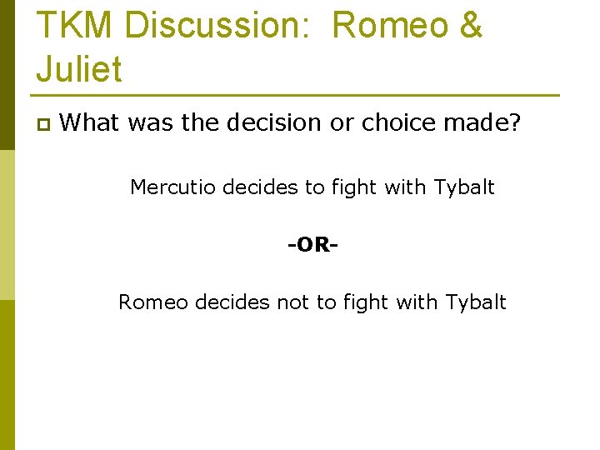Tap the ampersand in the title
(x=469, y=25)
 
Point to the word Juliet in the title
(x=79, y=68)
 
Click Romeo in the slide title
(x=390, y=25)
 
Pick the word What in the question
(x=90, y=123)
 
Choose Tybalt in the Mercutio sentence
(x=464, y=187)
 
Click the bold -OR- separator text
(x=312, y=245)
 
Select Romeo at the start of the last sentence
(x=153, y=302)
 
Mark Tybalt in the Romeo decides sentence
(x=476, y=302)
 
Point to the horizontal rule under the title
(x=297, y=95)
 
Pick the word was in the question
(x=150, y=123)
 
